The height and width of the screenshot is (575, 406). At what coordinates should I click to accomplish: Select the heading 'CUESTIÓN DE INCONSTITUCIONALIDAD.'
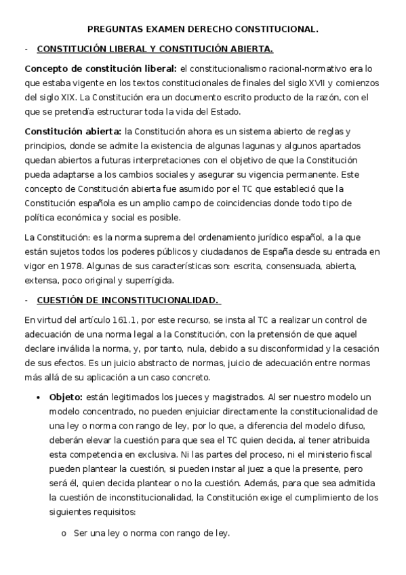click(128, 300)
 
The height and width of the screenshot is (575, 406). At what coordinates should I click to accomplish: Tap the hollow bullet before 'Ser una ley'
click(64, 534)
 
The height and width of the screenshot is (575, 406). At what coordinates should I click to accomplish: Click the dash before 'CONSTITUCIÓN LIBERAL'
click(26, 49)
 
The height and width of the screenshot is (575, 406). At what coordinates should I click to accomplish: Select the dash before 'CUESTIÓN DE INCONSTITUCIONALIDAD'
click(26, 300)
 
